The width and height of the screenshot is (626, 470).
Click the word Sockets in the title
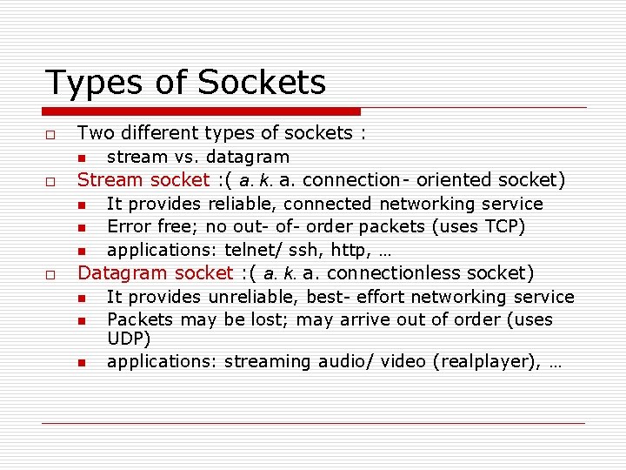262,83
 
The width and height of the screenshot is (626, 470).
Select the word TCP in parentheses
504,227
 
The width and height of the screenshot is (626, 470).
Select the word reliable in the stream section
237,204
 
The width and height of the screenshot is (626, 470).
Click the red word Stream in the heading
110,180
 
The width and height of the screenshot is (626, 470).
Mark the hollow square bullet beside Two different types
51,134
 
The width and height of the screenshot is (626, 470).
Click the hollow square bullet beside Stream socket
51,182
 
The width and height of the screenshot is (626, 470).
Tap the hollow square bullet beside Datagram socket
51,275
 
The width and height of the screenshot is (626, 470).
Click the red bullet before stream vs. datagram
81,158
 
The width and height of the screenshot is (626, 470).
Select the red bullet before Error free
81,228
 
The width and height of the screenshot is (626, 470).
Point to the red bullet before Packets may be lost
81,321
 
